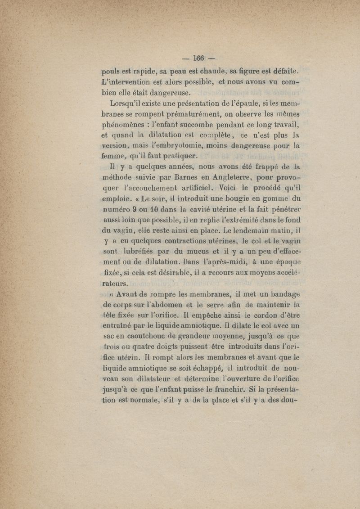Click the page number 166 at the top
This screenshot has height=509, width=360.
pyautogui.click(x=198, y=58)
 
